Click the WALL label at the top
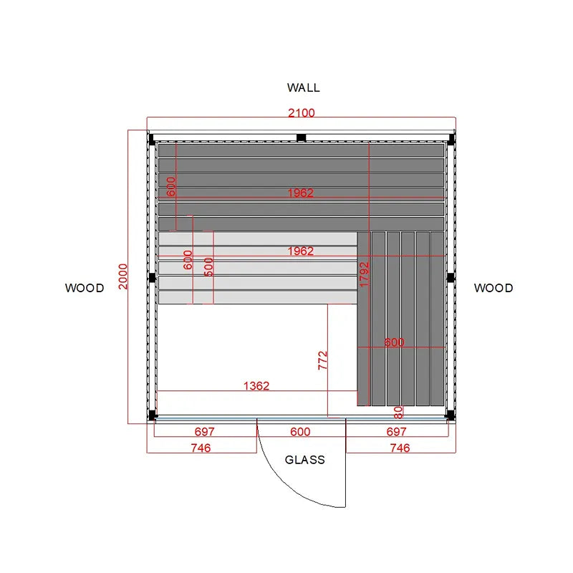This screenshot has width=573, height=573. coord(303,87)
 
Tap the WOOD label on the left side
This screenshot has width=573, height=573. coord(85,288)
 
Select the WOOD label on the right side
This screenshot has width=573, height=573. coord(493,288)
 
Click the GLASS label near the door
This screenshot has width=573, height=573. coord(305,460)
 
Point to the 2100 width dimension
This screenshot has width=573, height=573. coord(301,113)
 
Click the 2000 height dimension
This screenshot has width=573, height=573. coord(122,276)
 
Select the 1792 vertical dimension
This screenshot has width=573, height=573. coord(365,274)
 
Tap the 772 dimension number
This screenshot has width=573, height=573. coord(323,360)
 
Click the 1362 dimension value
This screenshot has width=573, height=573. coord(256,386)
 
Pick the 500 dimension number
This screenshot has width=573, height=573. coord(208,266)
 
